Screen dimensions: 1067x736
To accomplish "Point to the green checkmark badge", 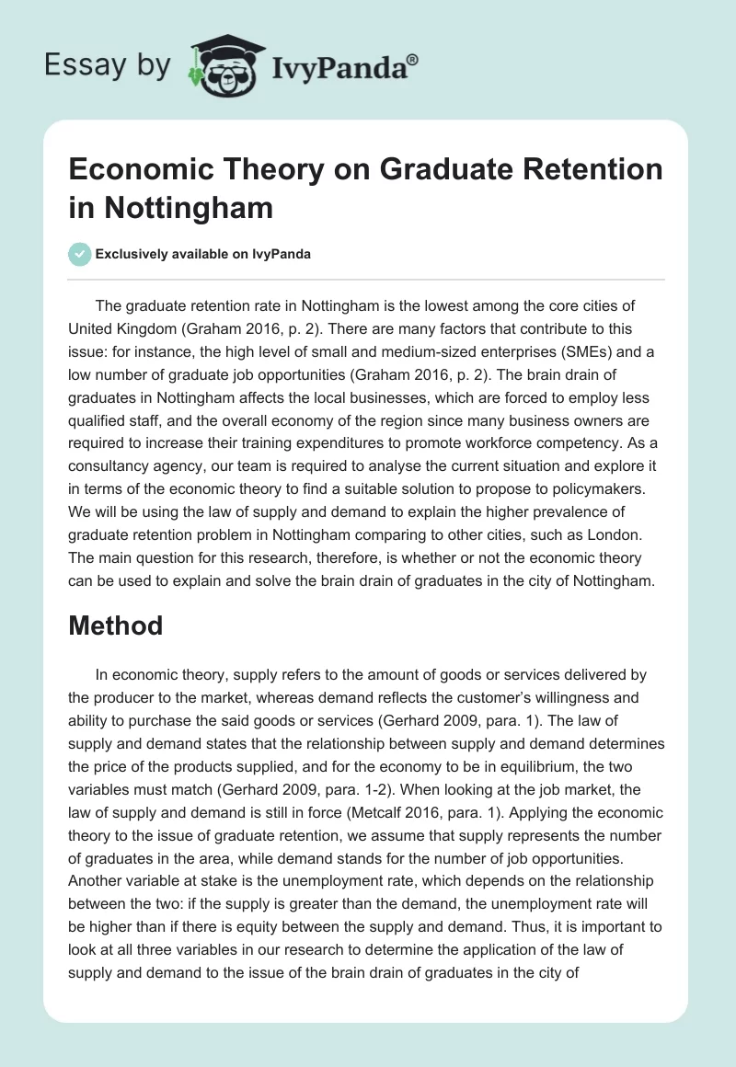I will [80, 254].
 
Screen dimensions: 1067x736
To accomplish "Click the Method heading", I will [116, 625].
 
